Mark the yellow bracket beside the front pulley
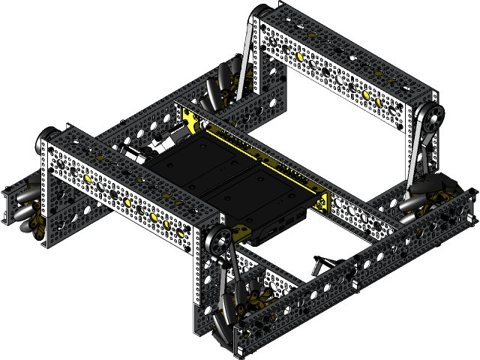(240, 233)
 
